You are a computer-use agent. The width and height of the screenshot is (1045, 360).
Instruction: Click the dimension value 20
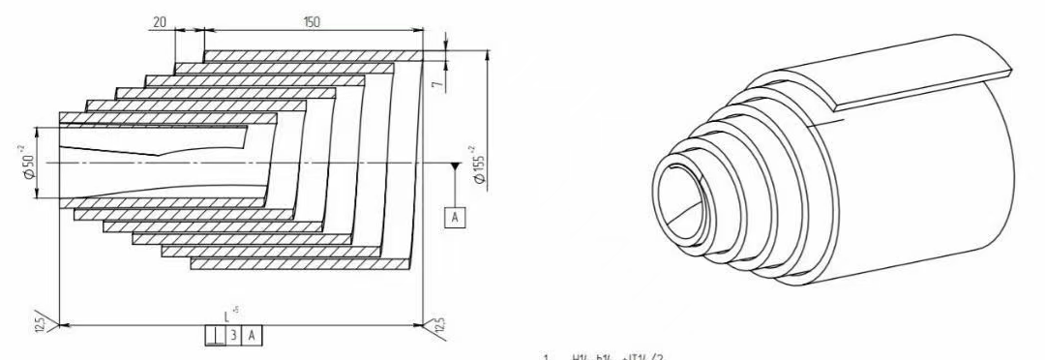tap(160, 19)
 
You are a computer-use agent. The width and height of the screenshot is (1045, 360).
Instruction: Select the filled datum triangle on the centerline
tap(454, 167)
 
